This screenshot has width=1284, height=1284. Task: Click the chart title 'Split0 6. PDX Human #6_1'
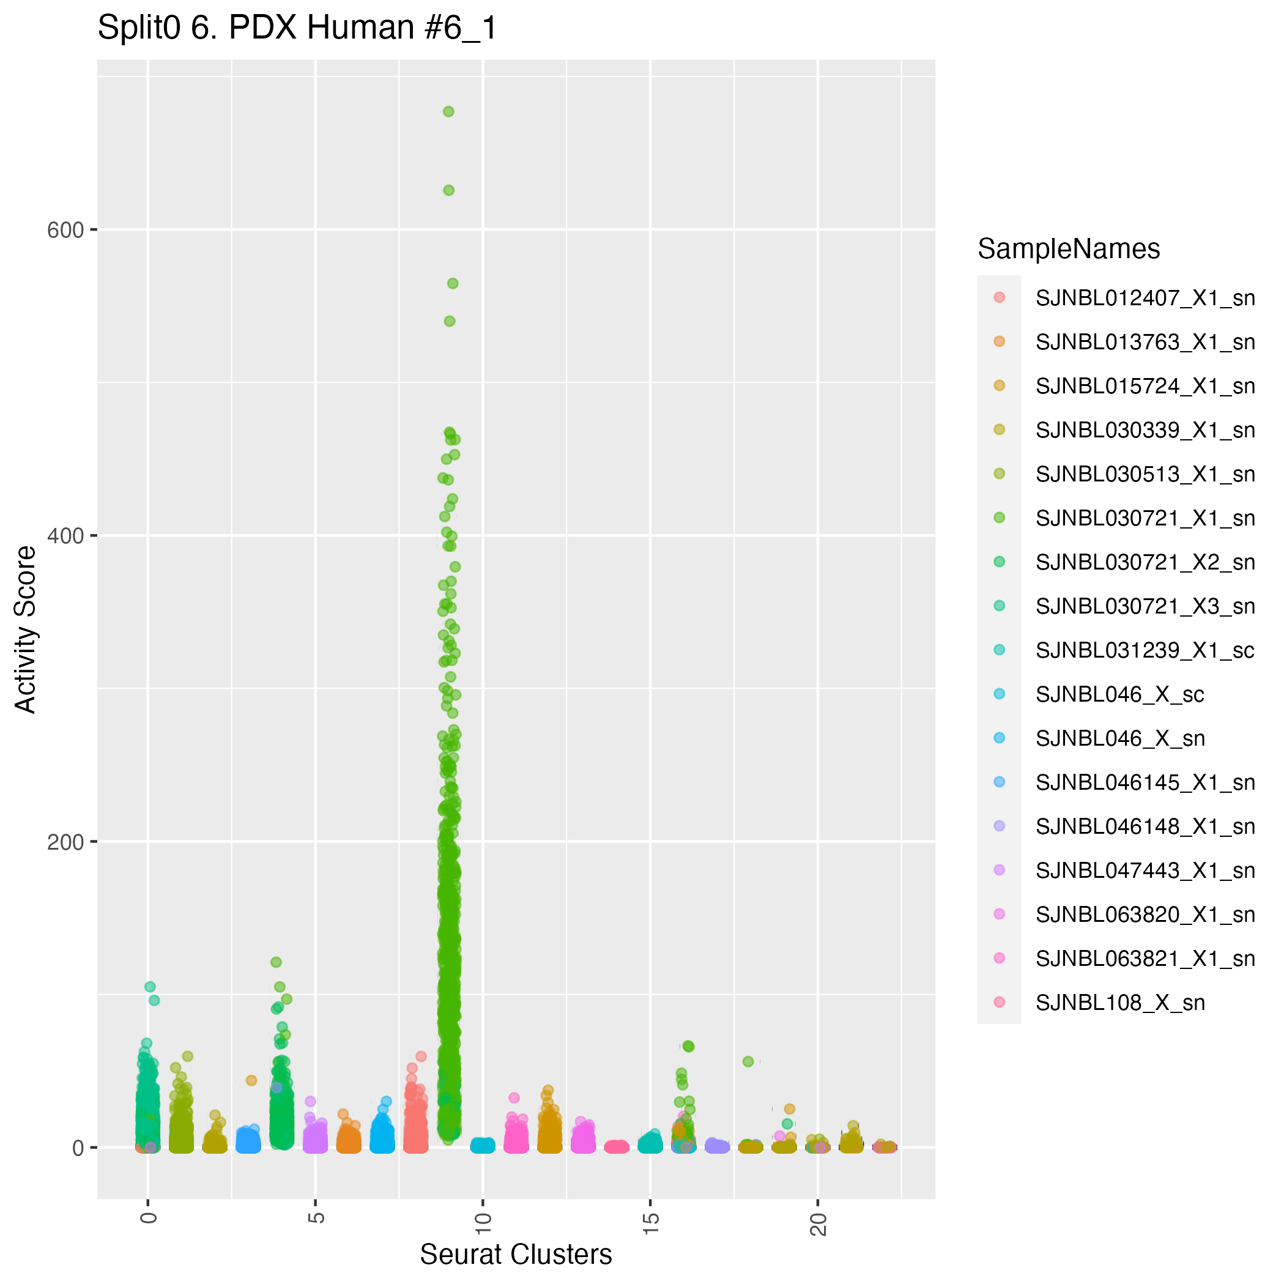point(297,29)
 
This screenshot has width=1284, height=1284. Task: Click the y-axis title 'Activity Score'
point(26,629)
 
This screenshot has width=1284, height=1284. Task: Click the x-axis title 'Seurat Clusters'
point(516,1254)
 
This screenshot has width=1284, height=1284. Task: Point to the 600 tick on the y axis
point(66,231)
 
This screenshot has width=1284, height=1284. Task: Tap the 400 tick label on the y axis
point(66,536)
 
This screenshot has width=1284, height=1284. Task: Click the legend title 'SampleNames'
point(1069,249)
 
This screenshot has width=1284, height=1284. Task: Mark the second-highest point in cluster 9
point(448,190)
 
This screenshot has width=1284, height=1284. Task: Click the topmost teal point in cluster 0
point(150,987)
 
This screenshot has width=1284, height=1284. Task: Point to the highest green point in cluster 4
point(276,962)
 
